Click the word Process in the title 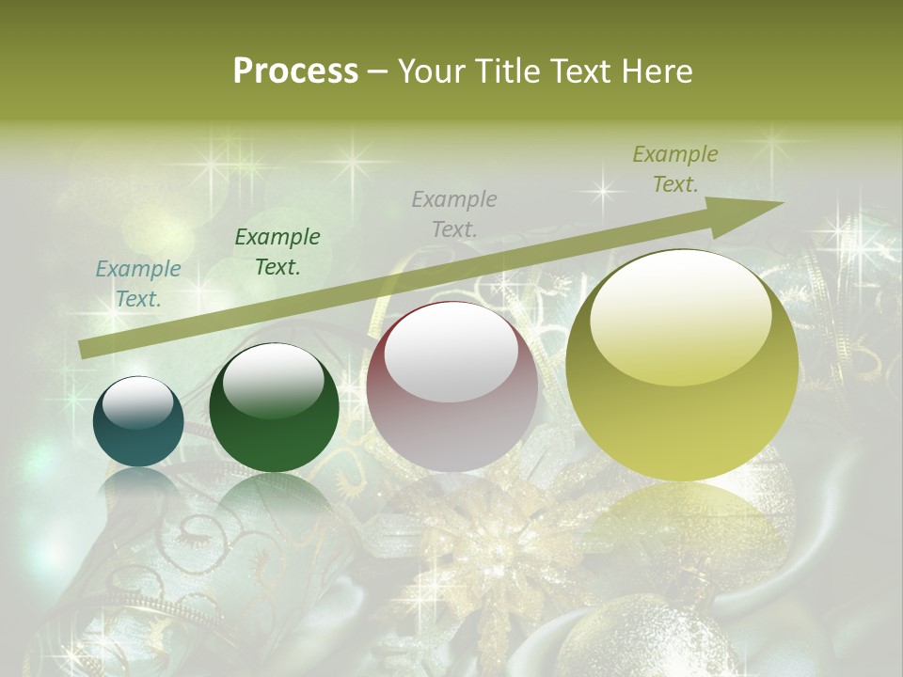tap(295, 71)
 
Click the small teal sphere tap(138, 422)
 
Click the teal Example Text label tap(138, 283)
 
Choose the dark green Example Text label tap(277, 251)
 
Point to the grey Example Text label tap(454, 213)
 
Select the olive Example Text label tap(675, 168)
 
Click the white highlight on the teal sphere tap(137, 401)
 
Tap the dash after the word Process tap(377, 71)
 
